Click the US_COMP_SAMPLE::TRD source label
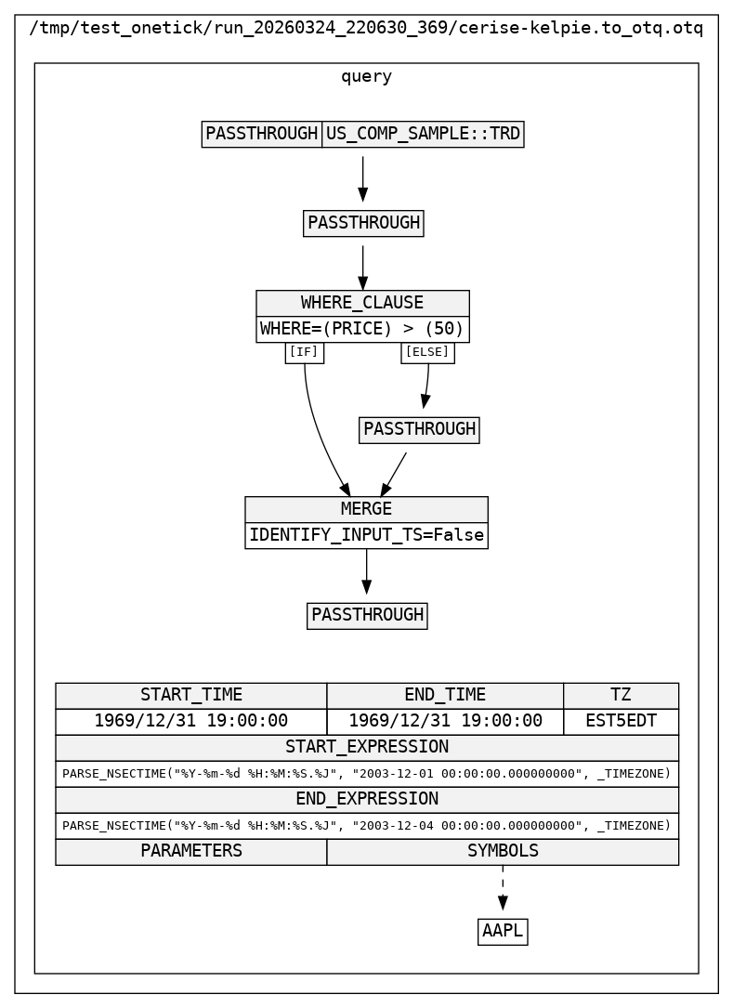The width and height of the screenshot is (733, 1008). click(x=423, y=134)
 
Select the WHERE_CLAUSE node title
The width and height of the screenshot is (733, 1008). click(x=362, y=303)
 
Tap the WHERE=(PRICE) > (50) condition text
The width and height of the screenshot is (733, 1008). click(x=362, y=329)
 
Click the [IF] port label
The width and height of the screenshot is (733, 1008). click(x=304, y=352)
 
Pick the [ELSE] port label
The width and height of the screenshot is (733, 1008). click(x=427, y=352)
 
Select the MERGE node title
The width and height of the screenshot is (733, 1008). click(x=366, y=509)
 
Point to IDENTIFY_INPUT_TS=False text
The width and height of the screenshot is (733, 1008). click(x=366, y=535)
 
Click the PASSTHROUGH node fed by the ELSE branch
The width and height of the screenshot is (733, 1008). click(x=419, y=429)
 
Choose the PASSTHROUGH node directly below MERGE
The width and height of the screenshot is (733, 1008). click(x=367, y=615)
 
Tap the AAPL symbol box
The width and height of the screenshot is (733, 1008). click(x=503, y=931)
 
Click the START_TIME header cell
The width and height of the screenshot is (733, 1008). click(x=191, y=695)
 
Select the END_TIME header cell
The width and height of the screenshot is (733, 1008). click(x=445, y=695)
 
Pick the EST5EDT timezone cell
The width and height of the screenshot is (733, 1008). click(x=621, y=721)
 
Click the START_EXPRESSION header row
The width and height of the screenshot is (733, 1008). click(x=367, y=747)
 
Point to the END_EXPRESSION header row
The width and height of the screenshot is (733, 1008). click(x=367, y=799)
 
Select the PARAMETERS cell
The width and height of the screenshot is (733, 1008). click(x=191, y=851)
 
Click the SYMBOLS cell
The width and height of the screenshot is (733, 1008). click(x=503, y=851)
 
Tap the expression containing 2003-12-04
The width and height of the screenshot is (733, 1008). click(x=367, y=825)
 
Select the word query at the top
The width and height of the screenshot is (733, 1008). click(x=366, y=77)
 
